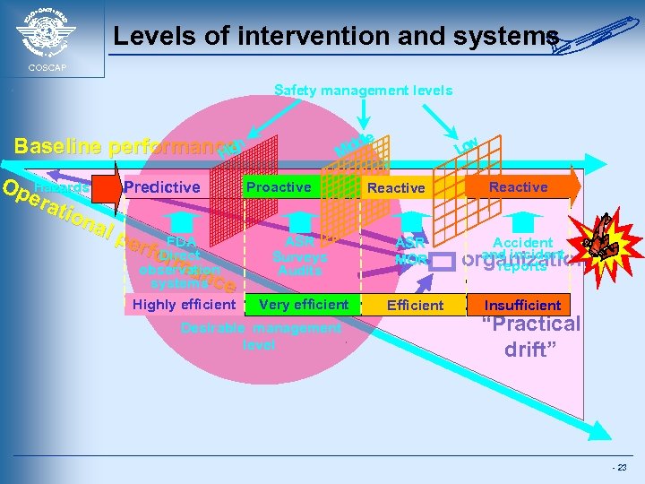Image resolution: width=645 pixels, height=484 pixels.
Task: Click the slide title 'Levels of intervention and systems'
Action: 336,37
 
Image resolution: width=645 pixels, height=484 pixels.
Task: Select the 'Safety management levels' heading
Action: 363,90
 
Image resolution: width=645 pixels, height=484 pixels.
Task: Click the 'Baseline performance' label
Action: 116,145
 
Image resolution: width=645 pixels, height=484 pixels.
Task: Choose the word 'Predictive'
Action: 162,186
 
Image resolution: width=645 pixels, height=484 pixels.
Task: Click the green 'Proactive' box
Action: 279,186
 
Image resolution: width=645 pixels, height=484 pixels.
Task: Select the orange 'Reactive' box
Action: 518,186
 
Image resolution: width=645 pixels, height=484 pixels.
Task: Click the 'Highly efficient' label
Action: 185,305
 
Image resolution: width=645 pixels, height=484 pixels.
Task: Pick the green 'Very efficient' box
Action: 303,305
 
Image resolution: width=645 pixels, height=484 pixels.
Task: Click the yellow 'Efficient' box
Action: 415,305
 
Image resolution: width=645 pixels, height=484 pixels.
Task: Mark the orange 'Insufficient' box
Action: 523,305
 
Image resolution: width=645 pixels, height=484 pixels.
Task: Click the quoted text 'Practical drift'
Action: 531,336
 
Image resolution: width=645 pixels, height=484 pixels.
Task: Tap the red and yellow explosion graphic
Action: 610,243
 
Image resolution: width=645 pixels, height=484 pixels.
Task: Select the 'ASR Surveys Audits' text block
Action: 300,255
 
